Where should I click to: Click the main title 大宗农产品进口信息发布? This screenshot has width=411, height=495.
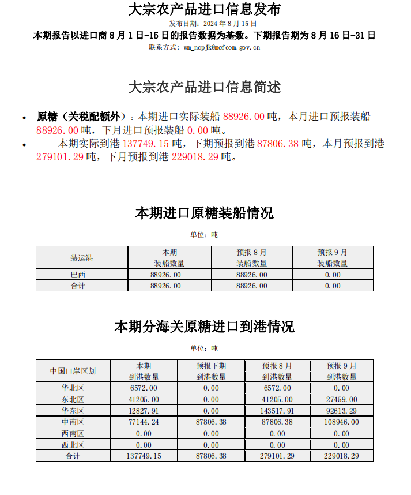(x=205, y=10)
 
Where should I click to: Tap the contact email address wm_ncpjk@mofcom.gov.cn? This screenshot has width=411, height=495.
(x=221, y=47)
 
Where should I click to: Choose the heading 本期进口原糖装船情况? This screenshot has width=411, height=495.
(x=205, y=213)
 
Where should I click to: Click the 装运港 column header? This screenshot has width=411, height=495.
(x=81, y=258)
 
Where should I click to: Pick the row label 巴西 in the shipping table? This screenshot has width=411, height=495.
(x=77, y=275)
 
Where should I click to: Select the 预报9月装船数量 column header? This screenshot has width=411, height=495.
(x=333, y=258)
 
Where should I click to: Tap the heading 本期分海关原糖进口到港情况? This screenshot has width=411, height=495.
(x=205, y=327)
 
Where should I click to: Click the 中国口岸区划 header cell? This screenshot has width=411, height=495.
(x=73, y=372)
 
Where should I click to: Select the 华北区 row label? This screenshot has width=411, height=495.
(x=73, y=388)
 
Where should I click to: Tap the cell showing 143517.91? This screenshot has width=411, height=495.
(x=277, y=411)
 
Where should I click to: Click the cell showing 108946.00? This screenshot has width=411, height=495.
(x=341, y=422)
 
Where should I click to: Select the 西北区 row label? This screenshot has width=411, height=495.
(x=73, y=445)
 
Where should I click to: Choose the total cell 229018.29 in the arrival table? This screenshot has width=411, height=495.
(x=341, y=456)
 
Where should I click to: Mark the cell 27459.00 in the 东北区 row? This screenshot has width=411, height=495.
(x=341, y=399)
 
